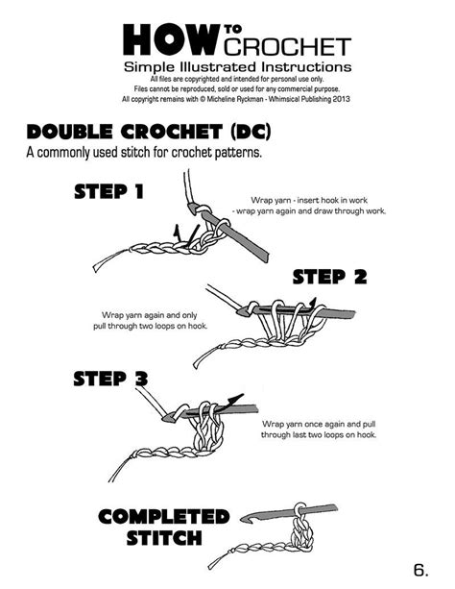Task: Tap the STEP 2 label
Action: [329, 277]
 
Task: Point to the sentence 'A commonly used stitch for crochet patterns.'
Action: [144, 154]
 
